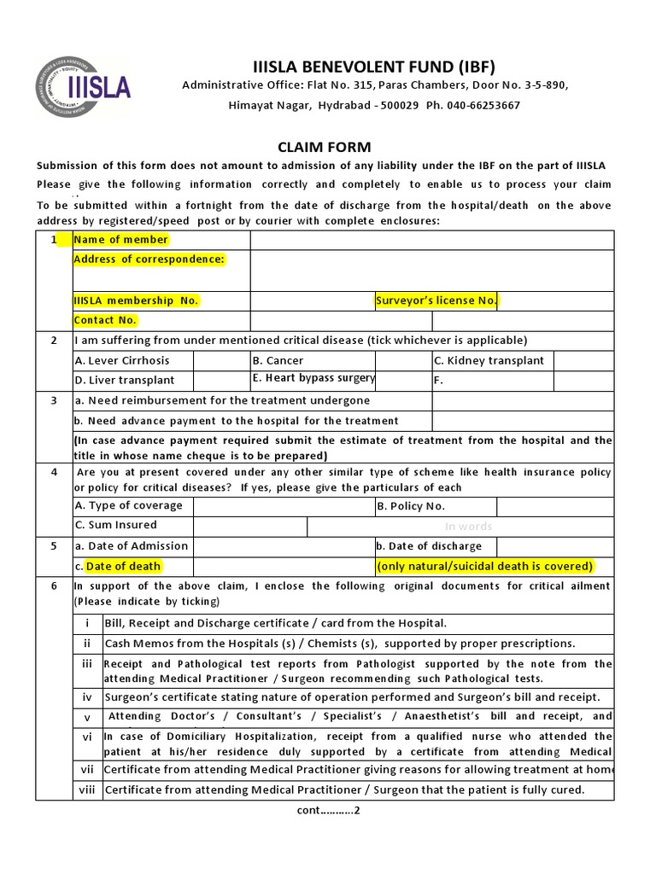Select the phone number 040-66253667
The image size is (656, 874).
(x=486, y=105)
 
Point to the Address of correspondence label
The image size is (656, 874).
(x=149, y=259)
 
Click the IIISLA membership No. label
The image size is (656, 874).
(x=136, y=300)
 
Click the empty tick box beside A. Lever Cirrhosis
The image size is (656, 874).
(x=221, y=360)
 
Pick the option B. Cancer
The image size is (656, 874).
(x=278, y=360)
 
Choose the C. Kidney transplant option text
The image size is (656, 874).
(x=489, y=360)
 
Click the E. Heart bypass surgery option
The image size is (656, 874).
(x=313, y=378)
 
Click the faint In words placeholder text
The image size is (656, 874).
(x=468, y=527)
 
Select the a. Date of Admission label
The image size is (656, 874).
(x=132, y=546)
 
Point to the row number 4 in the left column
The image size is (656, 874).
(x=54, y=472)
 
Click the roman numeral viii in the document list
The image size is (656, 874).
(x=87, y=790)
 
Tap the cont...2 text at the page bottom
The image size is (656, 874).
(x=327, y=811)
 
